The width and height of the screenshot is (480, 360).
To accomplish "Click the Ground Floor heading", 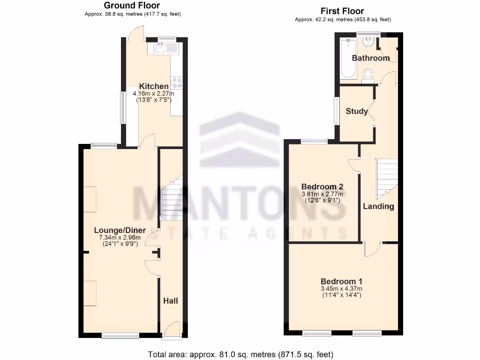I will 132,6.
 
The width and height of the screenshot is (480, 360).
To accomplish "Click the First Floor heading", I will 342,11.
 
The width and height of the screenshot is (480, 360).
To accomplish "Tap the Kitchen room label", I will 154,86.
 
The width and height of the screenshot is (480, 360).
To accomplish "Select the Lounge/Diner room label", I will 120,230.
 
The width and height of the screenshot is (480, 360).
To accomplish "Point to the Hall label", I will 171,300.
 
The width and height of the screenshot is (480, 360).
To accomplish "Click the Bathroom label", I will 370,58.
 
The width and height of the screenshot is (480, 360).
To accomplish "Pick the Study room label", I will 357,112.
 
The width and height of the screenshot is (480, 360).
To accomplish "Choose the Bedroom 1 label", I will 341,281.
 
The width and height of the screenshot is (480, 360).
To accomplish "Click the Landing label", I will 378,206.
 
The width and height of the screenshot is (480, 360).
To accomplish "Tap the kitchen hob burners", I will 177,82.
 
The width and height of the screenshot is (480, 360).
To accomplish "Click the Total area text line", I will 240,354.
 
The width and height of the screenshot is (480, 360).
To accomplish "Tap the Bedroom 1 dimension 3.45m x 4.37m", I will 341,289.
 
